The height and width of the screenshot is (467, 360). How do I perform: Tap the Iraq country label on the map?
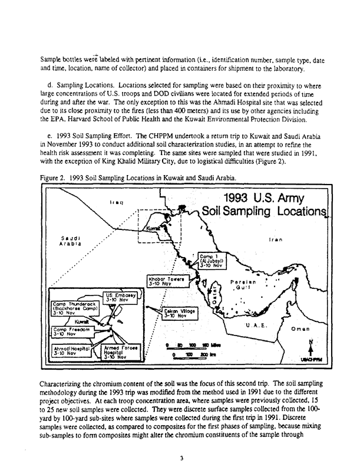115,203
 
